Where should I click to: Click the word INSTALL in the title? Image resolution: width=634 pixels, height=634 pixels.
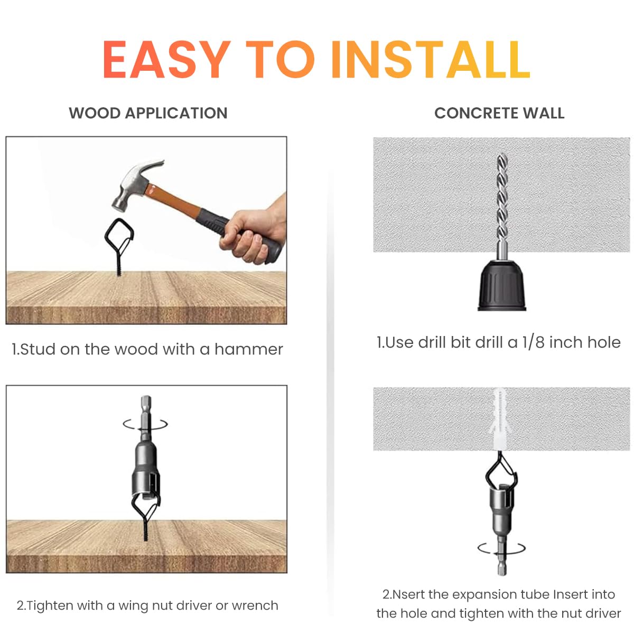pyautogui.click(x=430, y=59)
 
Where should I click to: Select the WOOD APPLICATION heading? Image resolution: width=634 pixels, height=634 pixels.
pyautogui.click(x=148, y=113)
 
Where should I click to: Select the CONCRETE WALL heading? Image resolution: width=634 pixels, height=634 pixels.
pyautogui.click(x=499, y=113)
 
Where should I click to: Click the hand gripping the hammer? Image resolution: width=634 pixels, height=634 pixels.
pyautogui.click(x=254, y=232)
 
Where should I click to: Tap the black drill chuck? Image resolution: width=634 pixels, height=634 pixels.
pyautogui.click(x=502, y=285)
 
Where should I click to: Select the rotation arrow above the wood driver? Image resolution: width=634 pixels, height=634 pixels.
pyautogui.click(x=145, y=423)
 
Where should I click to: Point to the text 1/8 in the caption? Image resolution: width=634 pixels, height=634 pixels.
pyautogui.click(x=533, y=342)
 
